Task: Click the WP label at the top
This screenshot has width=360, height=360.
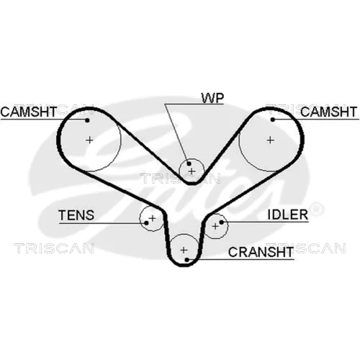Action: pyautogui.click(x=212, y=98)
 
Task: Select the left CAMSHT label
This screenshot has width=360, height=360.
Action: pyautogui.click(x=29, y=112)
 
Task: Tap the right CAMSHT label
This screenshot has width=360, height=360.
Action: pyautogui.click(x=328, y=112)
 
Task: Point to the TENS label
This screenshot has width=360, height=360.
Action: pyautogui.click(x=76, y=215)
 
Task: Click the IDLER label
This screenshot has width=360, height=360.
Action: pyautogui.click(x=287, y=215)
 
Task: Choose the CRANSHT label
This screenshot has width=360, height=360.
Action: pyautogui.click(x=261, y=252)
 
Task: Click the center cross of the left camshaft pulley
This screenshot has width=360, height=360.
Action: pyautogui.click(x=89, y=140)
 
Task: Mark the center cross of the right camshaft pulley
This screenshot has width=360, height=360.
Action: pyautogui.click(x=271, y=140)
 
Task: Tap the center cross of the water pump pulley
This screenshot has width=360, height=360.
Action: pyautogui.click(x=192, y=171)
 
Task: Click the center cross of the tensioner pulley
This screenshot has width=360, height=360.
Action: pyautogui.click(x=153, y=218)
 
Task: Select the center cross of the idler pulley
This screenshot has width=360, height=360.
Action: pyautogui.click(x=215, y=226)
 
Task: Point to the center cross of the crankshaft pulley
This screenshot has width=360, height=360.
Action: pyautogui.click(x=184, y=250)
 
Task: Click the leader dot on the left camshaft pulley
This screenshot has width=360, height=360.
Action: pyautogui.click(x=87, y=120)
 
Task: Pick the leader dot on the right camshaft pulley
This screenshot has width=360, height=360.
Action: pyautogui.click(x=273, y=120)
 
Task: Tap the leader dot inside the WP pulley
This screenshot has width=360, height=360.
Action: pyautogui.click(x=189, y=164)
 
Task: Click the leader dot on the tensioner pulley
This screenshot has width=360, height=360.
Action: pyautogui.click(x=146, y=223)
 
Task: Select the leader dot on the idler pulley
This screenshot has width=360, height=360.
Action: pyautogui.click(x=222, y=222)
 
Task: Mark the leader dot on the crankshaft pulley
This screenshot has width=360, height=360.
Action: pyautogui.click(x=187, y=260)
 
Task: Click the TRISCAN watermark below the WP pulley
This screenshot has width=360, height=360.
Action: pyautogui.click(x=180, y=179)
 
